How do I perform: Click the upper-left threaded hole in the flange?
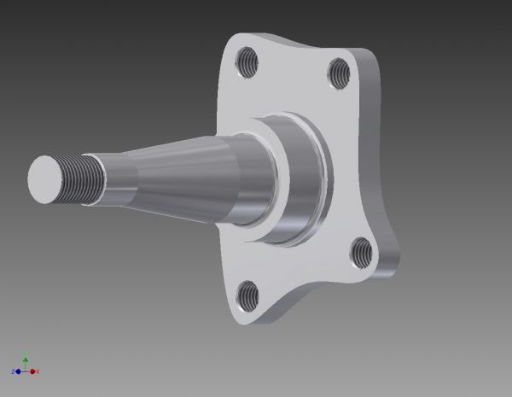(248, 61)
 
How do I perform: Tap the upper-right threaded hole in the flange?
(339, 70)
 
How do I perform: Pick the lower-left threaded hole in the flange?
(247, 295)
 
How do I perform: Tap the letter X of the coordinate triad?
(38, 372)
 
